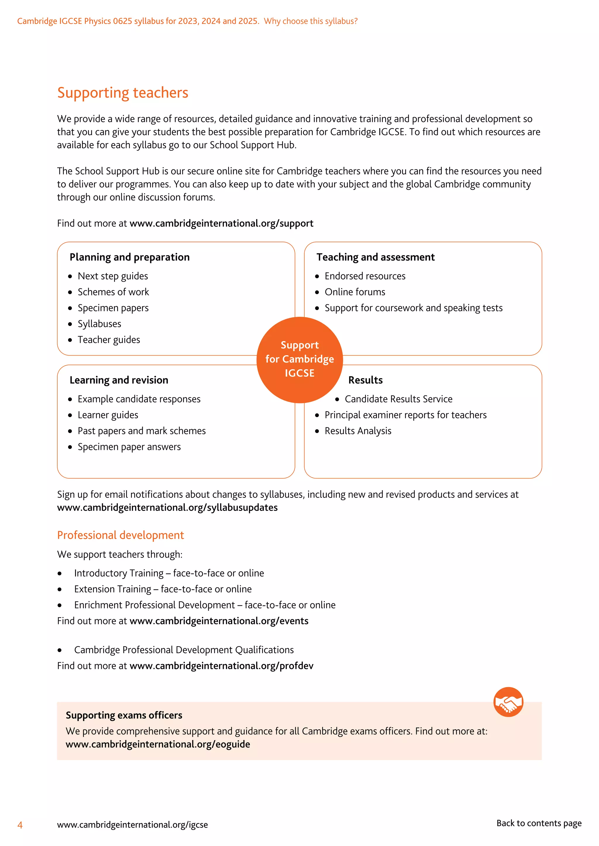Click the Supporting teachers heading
click(x=123, y=93)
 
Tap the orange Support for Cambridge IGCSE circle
click(x=299, y=359)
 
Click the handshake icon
click(x=508, y=702)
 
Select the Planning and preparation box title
click(x=130, y=257)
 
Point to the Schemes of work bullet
click(x=113, y=292)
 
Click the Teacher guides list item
click(x=109, y=339)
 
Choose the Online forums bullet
click(x=354, y=292)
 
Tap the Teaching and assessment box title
click(x=376, y=257)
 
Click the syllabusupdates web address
click(x=167, y=507)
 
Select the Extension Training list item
click(x=163, y=589)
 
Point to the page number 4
click(x=20, y=825)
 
